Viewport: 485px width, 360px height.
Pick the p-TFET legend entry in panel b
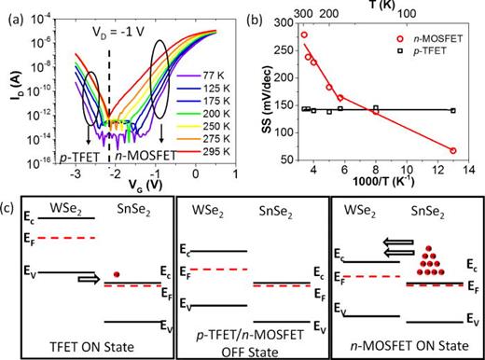pos(437,54)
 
